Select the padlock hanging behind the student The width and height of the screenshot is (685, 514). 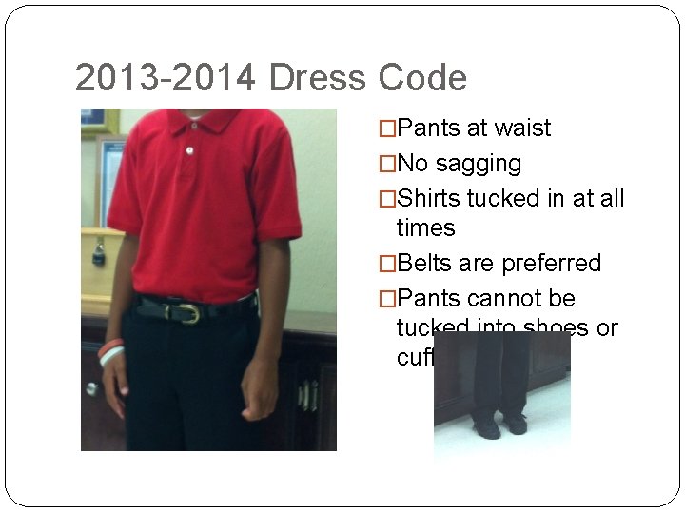pos(99,252)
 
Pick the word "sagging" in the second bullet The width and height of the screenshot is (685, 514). pos(479,164)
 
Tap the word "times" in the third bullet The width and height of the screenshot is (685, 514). pos(426,228)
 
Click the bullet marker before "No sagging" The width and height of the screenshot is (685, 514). pos(387,164)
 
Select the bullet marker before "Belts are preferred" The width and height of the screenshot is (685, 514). pos(387,263)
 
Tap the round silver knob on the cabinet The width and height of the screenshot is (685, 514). pos(91,388)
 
